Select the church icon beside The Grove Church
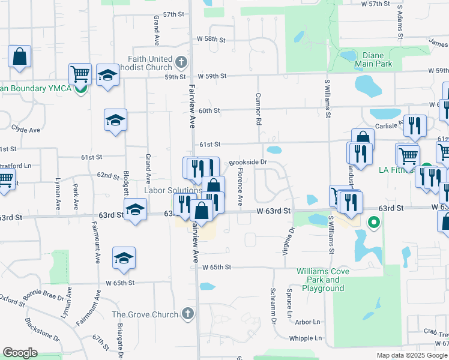(x=188, y=314)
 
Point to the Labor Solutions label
(x=172, y=190)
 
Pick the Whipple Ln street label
(x=305, y=338)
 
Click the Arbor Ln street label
(x=308, y=322)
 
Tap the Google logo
(x=20, y=352)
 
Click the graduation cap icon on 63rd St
(x=136, y=211)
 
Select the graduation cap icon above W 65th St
(x=124, y=258)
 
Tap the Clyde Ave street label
(x=26, y=130)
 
